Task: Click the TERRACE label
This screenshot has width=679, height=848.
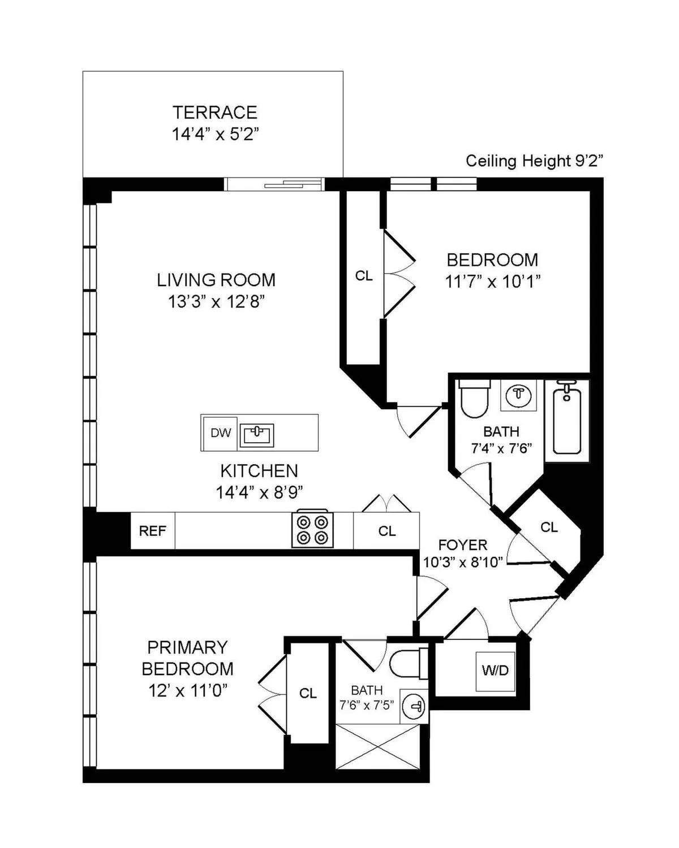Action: pos(215,113)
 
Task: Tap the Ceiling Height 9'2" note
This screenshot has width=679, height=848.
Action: pos(534,161)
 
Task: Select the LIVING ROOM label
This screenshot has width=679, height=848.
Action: pos(216,280)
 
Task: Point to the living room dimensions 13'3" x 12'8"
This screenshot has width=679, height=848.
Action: pos(216,302)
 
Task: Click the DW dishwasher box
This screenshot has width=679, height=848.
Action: pos(220,433)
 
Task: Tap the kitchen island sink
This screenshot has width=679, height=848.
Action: pos(257,435)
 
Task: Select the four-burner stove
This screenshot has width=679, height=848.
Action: pos(312,530)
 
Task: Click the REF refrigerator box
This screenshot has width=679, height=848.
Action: pos(153,531)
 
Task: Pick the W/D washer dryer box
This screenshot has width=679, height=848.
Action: pos(495,671)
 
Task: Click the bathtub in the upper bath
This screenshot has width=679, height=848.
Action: pos(567,418)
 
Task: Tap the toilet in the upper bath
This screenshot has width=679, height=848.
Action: pos(474,399)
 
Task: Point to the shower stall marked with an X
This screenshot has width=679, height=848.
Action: pos(378,747)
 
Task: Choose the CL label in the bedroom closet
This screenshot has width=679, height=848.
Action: pos(364,276)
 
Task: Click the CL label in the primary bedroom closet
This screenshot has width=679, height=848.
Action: pos(308,693)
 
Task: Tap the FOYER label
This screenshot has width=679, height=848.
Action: pos(463,545)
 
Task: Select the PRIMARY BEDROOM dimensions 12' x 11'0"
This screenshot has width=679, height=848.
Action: pos(188,690)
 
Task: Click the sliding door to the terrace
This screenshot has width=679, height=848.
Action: pos(274,184)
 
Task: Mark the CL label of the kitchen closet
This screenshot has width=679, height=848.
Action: pos(387,531)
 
